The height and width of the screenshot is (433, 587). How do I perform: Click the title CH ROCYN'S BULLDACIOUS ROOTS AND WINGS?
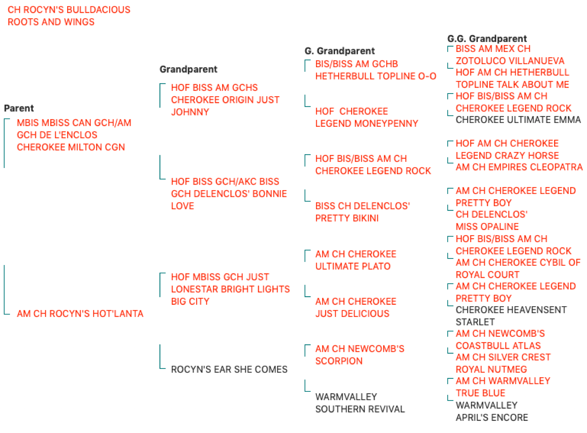coord(69,16)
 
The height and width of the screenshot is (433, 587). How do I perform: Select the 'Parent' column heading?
coord(19,108)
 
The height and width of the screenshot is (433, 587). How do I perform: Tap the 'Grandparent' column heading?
coord(188,69)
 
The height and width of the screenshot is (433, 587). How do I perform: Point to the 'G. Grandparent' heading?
coord(340,51)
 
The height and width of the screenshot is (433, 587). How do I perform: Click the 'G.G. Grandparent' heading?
coord(487,39)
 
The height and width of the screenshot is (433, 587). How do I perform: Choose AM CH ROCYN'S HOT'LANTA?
coord(80,313)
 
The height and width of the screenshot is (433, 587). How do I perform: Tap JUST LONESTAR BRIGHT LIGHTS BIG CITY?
coord(230,289)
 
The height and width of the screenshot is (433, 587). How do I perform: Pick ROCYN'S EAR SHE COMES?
coord(229,369)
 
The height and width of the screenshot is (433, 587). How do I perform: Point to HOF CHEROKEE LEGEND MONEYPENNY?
coord(367,117)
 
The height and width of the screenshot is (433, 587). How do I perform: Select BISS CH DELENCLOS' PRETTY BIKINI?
coord(362,212)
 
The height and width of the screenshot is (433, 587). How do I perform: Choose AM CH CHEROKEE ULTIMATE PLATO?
coord(356,260)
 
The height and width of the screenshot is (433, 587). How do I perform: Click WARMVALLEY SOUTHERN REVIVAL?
coord(360,403)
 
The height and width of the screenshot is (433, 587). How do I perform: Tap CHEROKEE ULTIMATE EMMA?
coord(518,120)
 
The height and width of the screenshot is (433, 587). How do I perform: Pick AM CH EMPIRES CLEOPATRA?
coord(519,167)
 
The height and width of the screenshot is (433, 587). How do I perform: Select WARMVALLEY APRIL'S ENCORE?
coord(492,411)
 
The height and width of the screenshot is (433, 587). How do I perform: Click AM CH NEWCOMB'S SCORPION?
coord(360,355)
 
